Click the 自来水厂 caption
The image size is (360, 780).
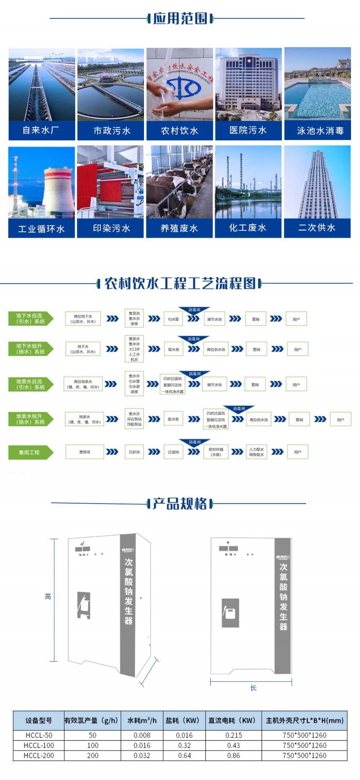pos(41,131)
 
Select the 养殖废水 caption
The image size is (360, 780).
pos(179,229)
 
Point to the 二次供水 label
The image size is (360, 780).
pos(317,228)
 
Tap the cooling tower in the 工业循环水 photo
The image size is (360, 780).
pos(58,191)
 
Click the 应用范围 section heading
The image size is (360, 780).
pos(180,18)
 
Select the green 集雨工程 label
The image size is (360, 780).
pos(30,452)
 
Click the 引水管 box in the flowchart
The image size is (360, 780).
pos(173,319)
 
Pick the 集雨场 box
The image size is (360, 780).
pos(85,452)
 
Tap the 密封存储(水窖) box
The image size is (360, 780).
pos(216,452)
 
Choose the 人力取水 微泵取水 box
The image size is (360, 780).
pos(256,452)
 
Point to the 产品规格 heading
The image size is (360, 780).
pos(180,504)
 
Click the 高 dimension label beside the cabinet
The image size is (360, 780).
pos(48,597)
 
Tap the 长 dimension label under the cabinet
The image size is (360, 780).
pos(253,688)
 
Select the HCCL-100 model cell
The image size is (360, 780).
pos(39,745)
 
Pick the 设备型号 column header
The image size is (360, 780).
pos(39,721)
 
